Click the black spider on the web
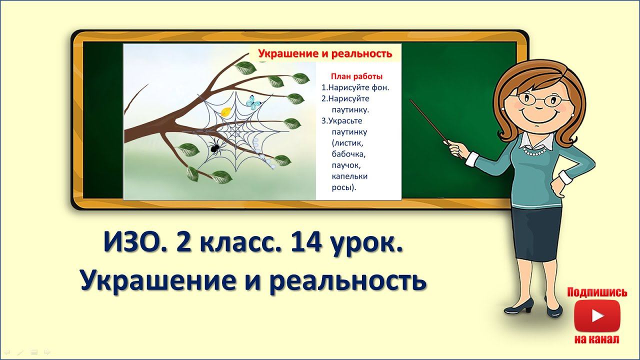[215, 146]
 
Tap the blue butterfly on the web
[254, 102]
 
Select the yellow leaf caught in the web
[226, 112]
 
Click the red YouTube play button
[596, 315]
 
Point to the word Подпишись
[597, 292]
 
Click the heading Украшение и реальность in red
[325, 53]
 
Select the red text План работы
[357, 76]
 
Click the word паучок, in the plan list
[346, 164]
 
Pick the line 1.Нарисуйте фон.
[355, 87]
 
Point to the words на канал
[596, 339]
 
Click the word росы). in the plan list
[344, 187]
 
